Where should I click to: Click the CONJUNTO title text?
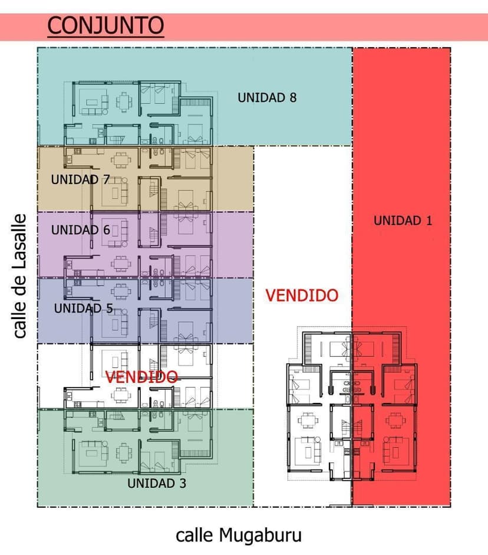[105, 25]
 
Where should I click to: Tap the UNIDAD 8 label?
[267, 98]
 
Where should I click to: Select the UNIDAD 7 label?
[80, 179]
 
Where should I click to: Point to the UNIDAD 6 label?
[81, 230]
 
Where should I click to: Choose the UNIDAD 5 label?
[84, 308]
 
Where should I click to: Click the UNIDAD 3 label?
[157, 483]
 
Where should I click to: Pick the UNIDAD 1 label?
[403, 221]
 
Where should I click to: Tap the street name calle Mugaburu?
[239, 536]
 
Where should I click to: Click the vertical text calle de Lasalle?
[19, 276]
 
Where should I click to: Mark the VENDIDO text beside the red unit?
[302, 295]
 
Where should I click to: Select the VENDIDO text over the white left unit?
[141, 377]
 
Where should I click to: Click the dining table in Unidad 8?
[124, 102]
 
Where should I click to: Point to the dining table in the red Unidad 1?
[393, 421]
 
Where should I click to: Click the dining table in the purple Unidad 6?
[121, 264]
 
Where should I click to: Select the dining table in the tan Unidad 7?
[121, 160]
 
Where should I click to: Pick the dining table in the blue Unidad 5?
[121, 292]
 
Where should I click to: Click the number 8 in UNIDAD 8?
[293, 98]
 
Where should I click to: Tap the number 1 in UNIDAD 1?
[429, 221]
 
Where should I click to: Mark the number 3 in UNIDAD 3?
[183, 483]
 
